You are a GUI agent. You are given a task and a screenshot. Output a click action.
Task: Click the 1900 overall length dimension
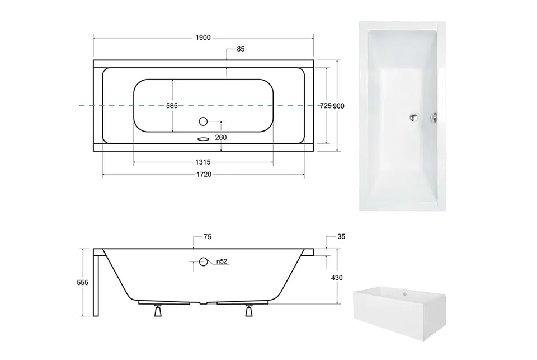coord(203,38)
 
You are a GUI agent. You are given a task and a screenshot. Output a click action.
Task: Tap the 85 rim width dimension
coord(241,49)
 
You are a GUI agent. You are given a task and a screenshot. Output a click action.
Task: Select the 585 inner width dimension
coord(172,106)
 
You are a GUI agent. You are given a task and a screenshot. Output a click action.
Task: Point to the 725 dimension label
coord(326,106)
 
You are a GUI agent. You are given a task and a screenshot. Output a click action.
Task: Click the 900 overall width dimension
coord(339,106)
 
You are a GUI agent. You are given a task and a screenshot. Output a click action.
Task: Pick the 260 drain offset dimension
coord(221,138)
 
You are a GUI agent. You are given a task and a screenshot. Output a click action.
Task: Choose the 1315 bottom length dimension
coord(203,162)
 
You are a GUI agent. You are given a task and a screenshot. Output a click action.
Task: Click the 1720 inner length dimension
coord(204,175)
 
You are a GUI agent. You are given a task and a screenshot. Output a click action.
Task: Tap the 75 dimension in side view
coord(208,237)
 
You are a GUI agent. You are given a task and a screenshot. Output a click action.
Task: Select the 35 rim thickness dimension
coord(341,236)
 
